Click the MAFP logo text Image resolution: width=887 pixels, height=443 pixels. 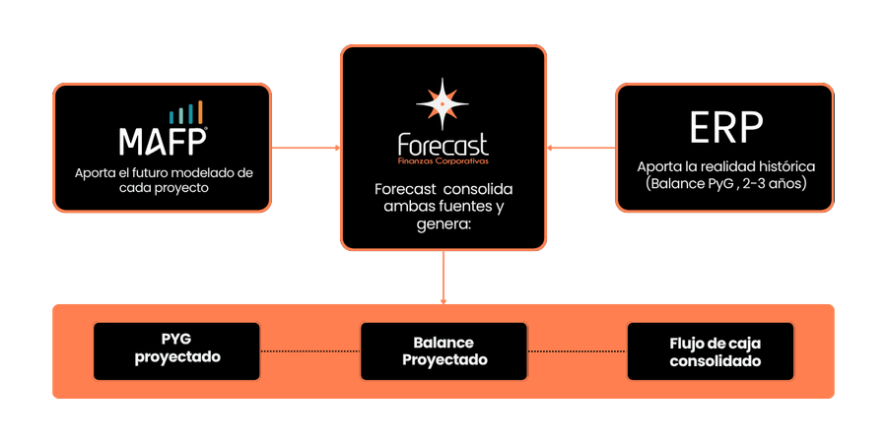click(163, 141)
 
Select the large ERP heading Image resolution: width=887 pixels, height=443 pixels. click(725, 128)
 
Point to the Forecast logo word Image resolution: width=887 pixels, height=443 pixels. click(443, 144)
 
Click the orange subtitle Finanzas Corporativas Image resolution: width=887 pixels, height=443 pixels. click(443, 160)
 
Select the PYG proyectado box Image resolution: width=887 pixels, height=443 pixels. click(177, 351)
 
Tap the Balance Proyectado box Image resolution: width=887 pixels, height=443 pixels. click(444, 351)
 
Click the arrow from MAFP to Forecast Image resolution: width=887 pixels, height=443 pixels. click(306, 149)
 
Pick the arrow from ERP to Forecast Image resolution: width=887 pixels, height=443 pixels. click(580, 149)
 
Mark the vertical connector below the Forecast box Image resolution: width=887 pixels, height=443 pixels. click(443, 277)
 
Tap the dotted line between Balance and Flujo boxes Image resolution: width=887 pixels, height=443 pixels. click(579, 351)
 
